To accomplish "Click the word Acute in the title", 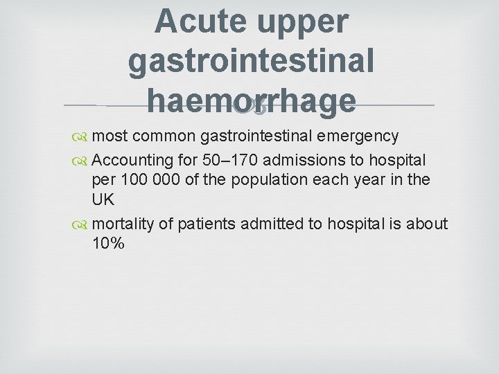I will point(201,21).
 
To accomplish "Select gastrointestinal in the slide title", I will point(251,61).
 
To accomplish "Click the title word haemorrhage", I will point(251,101).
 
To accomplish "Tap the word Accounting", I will point(131,160).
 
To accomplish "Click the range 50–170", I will point(231,160).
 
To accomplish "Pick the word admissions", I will point(308,160).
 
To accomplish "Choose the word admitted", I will point(274,224).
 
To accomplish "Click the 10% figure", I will point(107,243).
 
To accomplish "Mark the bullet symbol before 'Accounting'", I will point(82,161).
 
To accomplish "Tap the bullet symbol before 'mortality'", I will point(82,224).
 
